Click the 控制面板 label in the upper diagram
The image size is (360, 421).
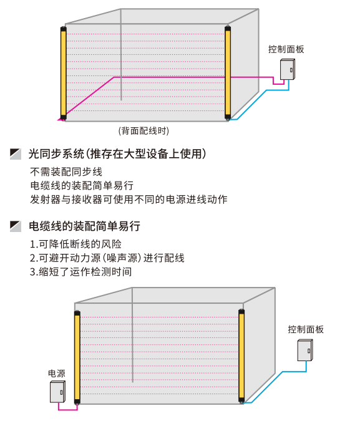286,49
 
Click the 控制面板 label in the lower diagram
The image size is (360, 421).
306,329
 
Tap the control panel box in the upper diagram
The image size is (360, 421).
288,69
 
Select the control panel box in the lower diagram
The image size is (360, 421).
305,350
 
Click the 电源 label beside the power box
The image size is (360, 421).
56,374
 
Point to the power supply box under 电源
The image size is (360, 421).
57,392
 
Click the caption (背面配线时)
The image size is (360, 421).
144,131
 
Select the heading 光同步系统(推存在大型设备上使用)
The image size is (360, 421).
117,153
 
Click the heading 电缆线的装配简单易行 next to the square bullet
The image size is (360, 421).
84,226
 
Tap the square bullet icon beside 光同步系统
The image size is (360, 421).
16,154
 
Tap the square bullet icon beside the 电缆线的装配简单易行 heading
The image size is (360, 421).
16,226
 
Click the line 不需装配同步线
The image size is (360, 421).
66,172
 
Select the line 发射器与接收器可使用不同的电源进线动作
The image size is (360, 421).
129,199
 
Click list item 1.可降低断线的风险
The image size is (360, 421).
75,244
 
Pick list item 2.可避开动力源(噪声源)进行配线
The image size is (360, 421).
107,258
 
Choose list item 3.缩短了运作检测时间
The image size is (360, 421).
80,272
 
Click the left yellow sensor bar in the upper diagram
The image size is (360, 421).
64,73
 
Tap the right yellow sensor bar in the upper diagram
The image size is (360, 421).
228,72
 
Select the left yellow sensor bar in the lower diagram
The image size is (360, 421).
77,357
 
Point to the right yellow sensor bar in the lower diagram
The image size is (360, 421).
241,356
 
